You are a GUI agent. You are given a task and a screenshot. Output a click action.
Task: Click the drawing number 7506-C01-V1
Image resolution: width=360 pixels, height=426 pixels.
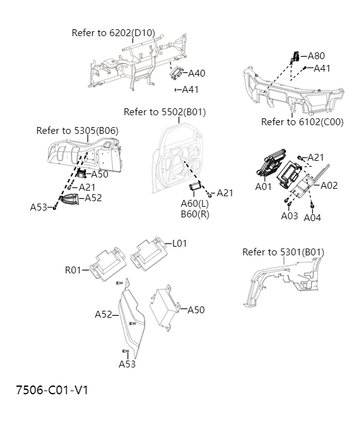52,391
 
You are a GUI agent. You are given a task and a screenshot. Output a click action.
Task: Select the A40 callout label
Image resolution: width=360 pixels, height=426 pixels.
196,73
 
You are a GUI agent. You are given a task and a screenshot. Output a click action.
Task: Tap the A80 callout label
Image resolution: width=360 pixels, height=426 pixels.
316,55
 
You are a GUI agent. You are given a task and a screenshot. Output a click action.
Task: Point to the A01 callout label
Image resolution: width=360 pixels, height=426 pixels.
263,186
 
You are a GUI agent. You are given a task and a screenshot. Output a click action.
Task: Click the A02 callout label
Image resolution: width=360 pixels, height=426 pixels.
329,185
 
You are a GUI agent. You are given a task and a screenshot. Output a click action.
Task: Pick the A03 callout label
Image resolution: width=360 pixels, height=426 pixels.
290,215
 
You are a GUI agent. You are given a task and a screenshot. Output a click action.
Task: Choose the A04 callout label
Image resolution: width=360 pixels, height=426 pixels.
312,217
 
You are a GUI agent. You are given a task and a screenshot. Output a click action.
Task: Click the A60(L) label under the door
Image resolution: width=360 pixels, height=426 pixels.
194,204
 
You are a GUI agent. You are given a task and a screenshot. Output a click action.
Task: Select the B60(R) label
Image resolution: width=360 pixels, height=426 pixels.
194,214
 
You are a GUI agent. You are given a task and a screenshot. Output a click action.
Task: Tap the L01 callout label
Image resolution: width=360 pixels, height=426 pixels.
179,244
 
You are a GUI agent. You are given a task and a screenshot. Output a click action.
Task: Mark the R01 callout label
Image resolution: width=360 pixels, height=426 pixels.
73,270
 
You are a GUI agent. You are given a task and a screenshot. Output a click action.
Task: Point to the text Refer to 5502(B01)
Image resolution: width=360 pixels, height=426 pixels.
164,112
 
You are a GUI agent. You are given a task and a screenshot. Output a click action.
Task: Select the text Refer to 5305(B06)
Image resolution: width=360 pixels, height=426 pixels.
77,131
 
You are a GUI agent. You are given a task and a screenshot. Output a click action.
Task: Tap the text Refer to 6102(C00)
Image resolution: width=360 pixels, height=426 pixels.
302,122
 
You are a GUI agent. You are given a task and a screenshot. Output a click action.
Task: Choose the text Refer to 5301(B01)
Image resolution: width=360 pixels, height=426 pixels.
283,252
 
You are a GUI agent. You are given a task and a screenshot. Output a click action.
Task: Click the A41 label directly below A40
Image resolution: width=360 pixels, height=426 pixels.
190,90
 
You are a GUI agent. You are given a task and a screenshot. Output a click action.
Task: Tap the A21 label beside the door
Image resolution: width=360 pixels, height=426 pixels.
225,193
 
